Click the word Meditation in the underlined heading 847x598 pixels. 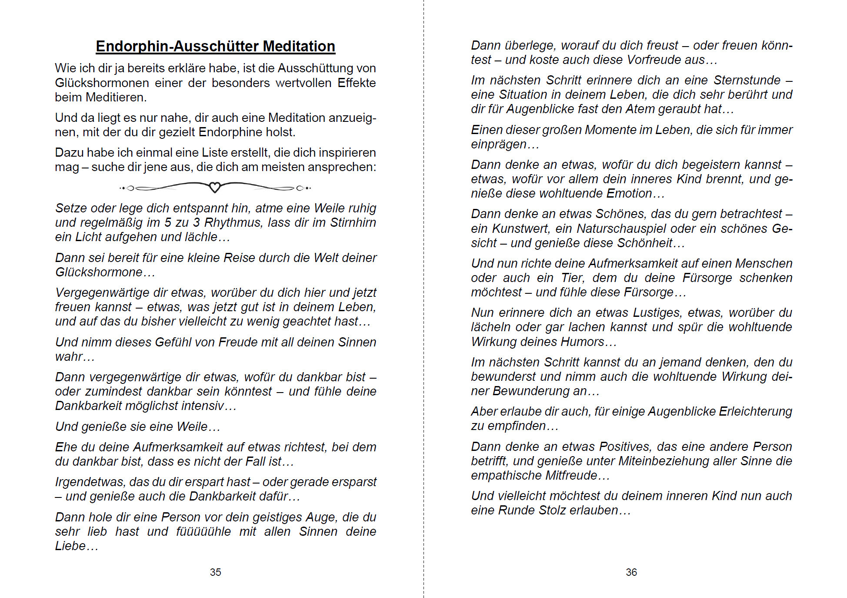point(299,46)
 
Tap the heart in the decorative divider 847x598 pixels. point(215,188)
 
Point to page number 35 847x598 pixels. point(215,572)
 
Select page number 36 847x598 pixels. point(631,572)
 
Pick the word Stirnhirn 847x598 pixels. point(353,222)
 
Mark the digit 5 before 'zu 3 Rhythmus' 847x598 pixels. point(168,222)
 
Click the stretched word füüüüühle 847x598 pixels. point(203,531)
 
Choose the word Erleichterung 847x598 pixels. point(756,411)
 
